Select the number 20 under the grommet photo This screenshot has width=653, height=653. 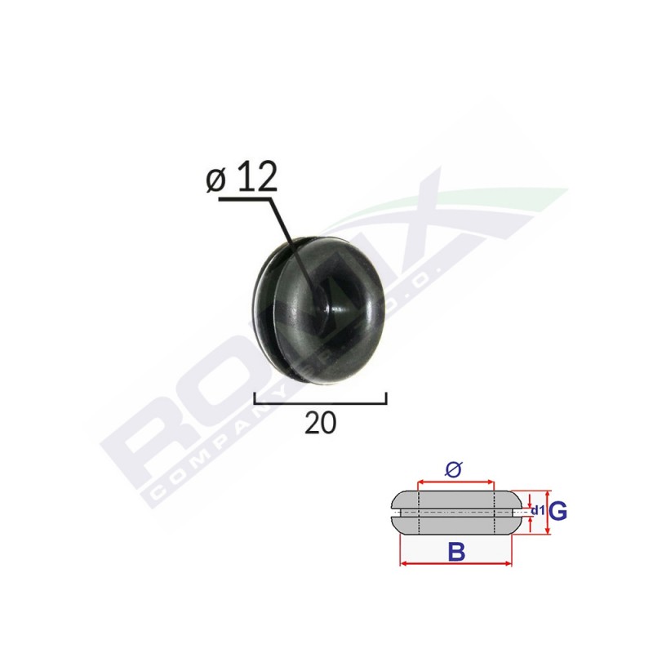[x=320, y=422]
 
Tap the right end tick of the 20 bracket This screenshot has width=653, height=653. [x=385, y=398]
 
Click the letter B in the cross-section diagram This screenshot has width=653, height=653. [x=456, y=553]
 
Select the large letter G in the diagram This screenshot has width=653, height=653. [x=558, y=512]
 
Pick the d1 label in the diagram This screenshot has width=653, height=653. [x=537, y=512]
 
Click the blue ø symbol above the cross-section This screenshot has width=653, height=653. [x=455, y=469]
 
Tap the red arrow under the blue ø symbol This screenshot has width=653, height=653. [x=455, y=481]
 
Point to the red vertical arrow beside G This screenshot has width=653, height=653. [x=548, y=513]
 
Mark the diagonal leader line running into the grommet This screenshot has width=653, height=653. [x=289, y=237]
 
